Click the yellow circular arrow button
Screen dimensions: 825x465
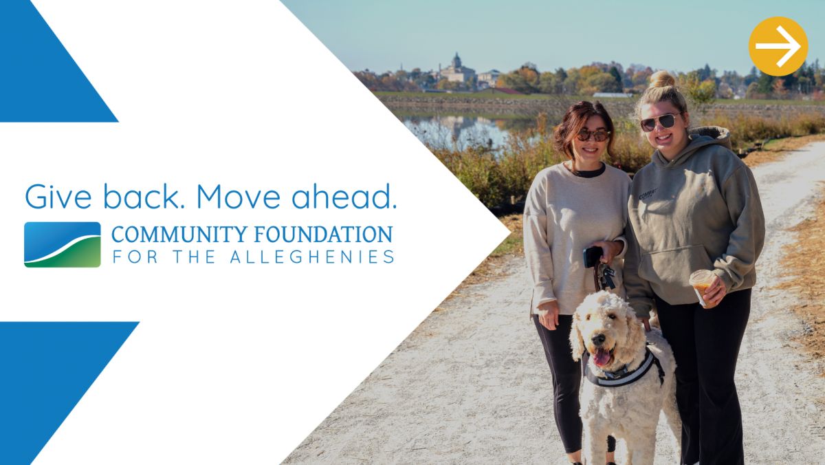point(778,46)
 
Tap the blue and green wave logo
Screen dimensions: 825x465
point(63,245)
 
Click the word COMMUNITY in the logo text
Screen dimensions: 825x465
point(179,235)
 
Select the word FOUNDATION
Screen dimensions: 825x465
point(323,235)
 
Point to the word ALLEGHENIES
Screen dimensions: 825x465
point(312,257)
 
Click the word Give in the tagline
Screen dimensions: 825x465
point(58,197)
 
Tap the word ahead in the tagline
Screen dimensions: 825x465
point(344,197)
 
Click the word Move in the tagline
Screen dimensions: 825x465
point(239,197)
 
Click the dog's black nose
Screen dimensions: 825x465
point(597,338)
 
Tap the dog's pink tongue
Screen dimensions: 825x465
point(602,358)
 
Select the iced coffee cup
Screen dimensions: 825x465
point(702,288)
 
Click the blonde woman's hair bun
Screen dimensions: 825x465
point(661,79)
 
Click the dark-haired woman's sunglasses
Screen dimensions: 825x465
point(593,136)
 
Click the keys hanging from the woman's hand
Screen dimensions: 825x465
point(606,275)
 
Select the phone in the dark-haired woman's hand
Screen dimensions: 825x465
point(592,257)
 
